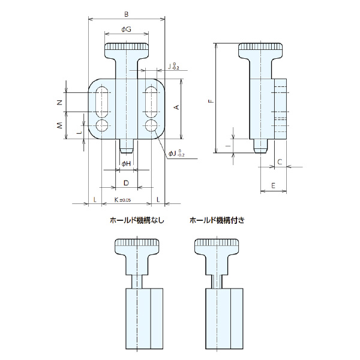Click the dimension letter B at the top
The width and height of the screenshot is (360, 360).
(x=126, y=13)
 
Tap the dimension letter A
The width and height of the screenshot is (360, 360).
(x=176, y=107)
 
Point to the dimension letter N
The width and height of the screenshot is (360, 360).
(x=59, y=103)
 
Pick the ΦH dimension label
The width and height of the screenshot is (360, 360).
(x=125, y=163)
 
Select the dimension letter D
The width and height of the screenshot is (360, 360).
(x=126, y=182)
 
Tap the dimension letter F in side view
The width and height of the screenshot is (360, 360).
(x=210, y=100)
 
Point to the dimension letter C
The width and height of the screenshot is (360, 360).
(x=280, y=162)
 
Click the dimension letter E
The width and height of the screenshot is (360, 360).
(x=274, y=186)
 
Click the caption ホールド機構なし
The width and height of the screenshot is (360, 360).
(x=136, y=220)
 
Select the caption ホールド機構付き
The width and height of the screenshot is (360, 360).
(x=217, y=220)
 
